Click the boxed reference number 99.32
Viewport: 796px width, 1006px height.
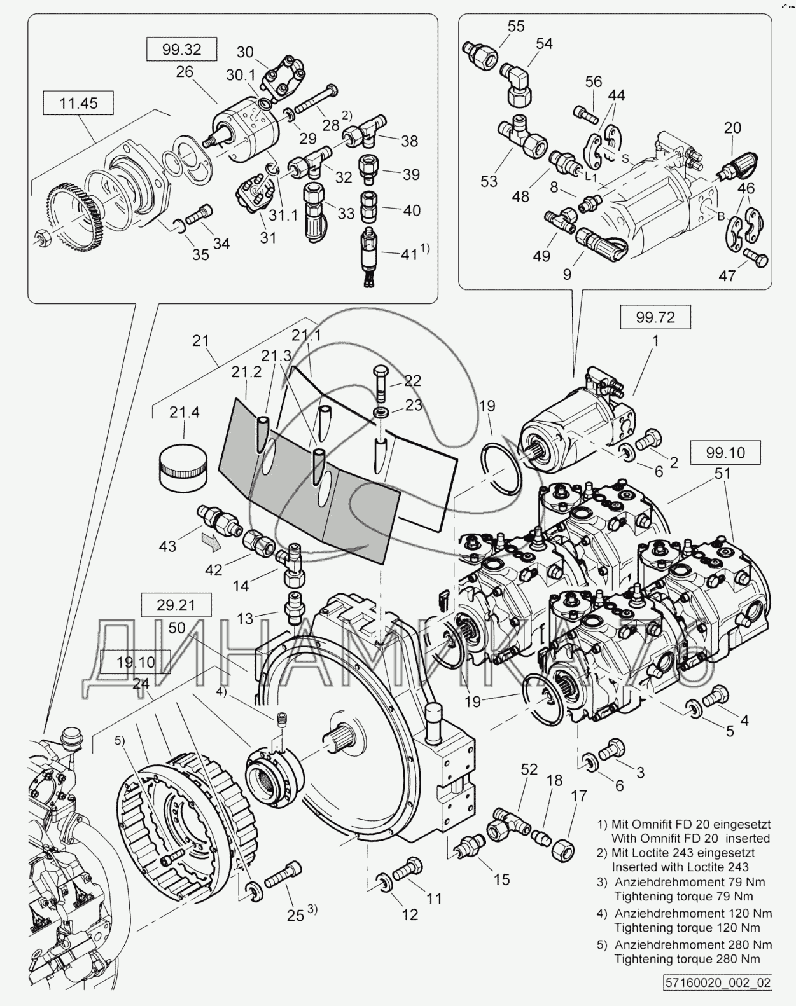181,50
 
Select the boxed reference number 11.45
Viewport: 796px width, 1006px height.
78,103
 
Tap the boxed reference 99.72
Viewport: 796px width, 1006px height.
655,317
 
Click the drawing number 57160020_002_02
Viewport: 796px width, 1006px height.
718,982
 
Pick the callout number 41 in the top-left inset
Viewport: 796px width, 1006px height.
409,254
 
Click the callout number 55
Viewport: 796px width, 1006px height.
516,26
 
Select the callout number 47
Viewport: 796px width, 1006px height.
727,275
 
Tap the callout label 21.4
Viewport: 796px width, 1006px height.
184,413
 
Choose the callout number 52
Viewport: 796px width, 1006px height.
529,769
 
